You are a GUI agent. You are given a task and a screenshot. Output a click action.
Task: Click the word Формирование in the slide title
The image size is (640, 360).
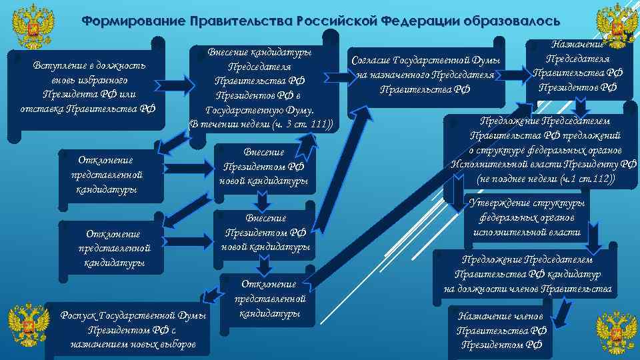(x=133, y=21)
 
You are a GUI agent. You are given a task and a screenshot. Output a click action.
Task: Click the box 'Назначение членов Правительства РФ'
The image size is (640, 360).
(x=500, y=330)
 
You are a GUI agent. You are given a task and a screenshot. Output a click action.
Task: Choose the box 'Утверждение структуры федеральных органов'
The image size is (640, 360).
(x=527, y=218)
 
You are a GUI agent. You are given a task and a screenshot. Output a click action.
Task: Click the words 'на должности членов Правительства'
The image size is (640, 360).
(x=527, y=289)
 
